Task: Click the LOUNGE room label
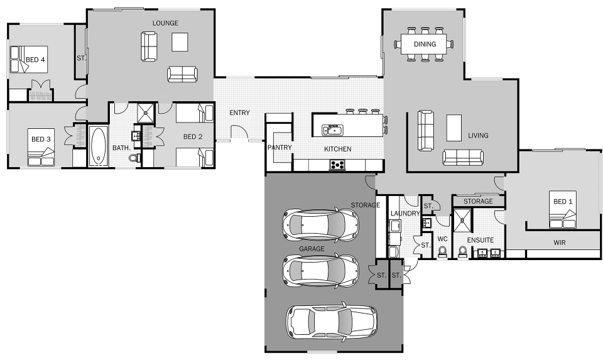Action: point(165,23)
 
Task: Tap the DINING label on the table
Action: point(425,44)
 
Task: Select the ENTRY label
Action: point(239,113)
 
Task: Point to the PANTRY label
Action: point(278,148)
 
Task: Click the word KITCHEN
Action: point(337,149)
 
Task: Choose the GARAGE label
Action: point(312,249)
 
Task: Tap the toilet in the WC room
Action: point(442,252)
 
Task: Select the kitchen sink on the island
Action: point(332,130)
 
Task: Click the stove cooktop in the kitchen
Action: point(337,165)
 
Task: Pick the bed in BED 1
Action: point(562,211)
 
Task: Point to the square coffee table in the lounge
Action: point(181,41)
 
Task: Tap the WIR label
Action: point(560,241)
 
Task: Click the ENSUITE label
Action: point(480,240)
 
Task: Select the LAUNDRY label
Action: point(405,214)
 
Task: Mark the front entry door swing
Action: point(239,133)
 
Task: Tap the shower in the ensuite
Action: point(462,218)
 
